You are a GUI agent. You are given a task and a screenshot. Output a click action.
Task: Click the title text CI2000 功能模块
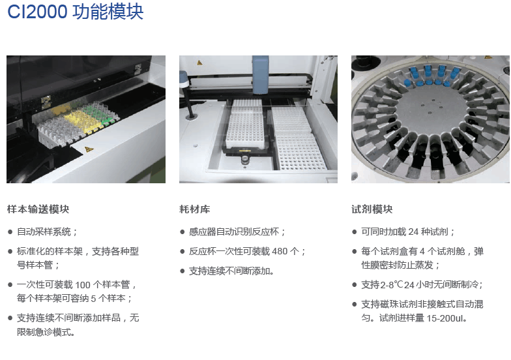pos(76,12)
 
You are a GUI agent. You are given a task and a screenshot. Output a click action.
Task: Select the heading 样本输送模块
pos(38,209)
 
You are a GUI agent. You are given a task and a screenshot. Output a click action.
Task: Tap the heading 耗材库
pos(194,209)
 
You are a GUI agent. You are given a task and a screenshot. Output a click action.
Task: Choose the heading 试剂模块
pos(372,209)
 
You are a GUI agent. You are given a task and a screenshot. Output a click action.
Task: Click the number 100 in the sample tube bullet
pos(82,285)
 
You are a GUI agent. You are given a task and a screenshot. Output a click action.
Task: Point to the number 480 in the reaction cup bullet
pos(280,252)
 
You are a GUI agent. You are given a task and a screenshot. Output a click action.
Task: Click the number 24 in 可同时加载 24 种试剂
pos(413,232)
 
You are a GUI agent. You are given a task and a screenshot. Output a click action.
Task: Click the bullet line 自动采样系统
pos(47,232)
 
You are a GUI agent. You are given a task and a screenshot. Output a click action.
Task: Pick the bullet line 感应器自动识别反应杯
pos(237,232)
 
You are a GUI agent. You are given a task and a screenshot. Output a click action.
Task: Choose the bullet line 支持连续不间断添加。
pos(231,271)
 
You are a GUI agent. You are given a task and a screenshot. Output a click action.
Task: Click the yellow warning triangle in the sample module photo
pos(89,149)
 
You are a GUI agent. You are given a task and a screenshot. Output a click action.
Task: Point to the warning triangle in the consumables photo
pos(199,63)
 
